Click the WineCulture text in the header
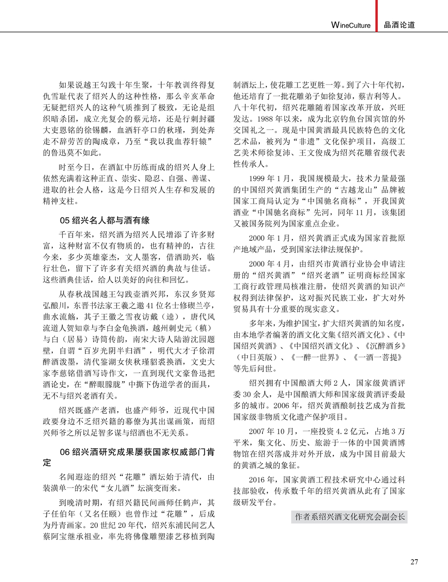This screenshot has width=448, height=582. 351,25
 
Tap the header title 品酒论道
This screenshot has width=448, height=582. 400,25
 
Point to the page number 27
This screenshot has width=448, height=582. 414,562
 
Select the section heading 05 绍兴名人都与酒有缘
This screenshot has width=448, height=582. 104,220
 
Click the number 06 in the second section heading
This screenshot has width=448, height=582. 65,452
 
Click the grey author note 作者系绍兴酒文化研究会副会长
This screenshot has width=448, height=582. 349,517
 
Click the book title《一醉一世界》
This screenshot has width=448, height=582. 316,357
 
